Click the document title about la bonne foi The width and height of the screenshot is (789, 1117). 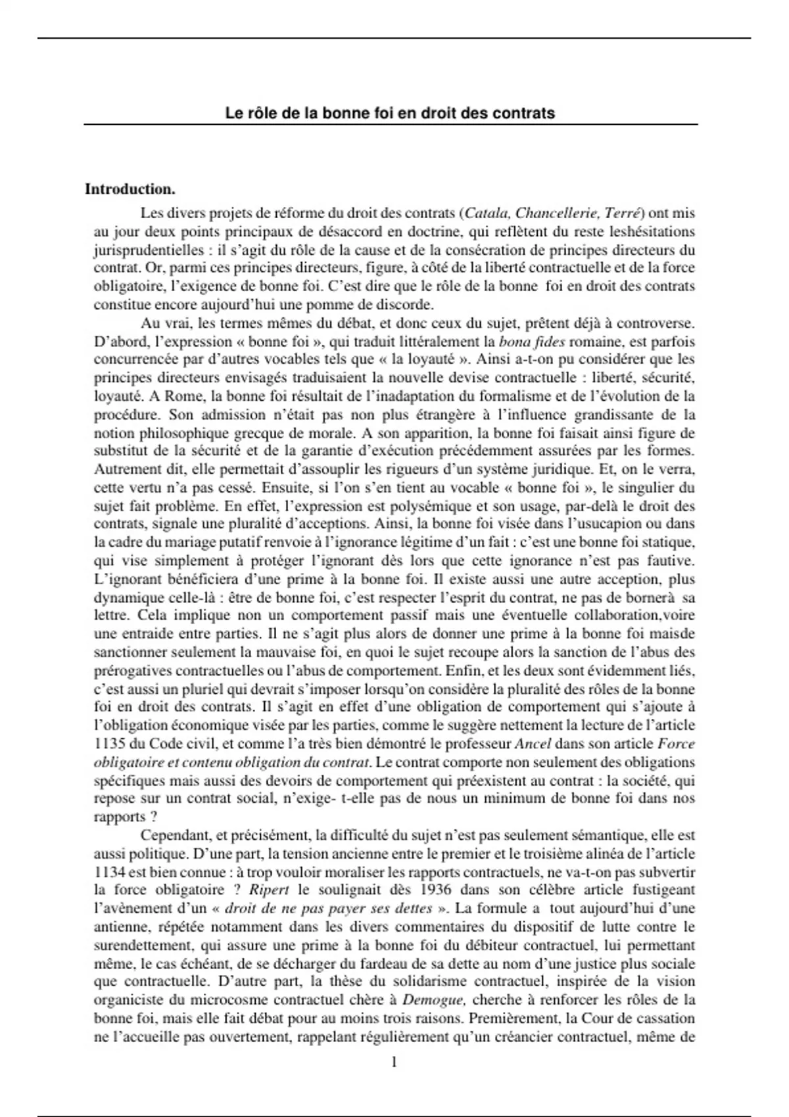point(390,113)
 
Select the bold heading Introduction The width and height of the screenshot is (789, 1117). point(130,189)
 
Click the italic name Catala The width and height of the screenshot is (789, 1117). point(486,213)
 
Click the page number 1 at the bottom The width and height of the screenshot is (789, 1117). point(394,1062)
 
